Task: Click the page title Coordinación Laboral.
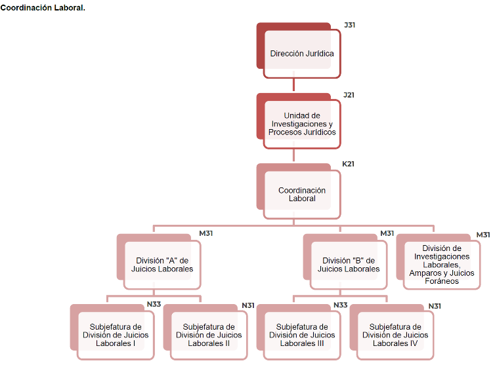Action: tap(43, 7)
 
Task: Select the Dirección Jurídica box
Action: tap(302, 54)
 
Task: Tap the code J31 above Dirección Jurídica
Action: tap(349, 25)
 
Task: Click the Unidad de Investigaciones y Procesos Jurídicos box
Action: tap(302, 124)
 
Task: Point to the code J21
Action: tap(349, 95)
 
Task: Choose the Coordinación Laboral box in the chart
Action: tap(302, 195)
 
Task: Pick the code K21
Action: tap(348, 164)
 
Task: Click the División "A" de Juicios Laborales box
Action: tap(162, 265)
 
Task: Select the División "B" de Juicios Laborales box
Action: tap(349, 265)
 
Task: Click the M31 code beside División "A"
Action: tap(206, 233)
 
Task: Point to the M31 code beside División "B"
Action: tap(387, 233)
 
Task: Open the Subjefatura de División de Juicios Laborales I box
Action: tap(116, 335)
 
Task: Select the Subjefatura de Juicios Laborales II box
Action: tap(209, 335)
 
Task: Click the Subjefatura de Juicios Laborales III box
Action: tap(302, 335)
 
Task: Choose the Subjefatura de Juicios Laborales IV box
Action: tap(395, 335)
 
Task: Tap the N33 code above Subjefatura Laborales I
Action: tap(154, 305)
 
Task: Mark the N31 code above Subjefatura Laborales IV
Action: tap(434, 306)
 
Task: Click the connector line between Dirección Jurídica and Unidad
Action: tap(293, 85)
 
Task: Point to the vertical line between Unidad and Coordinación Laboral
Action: tap(293, 155)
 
